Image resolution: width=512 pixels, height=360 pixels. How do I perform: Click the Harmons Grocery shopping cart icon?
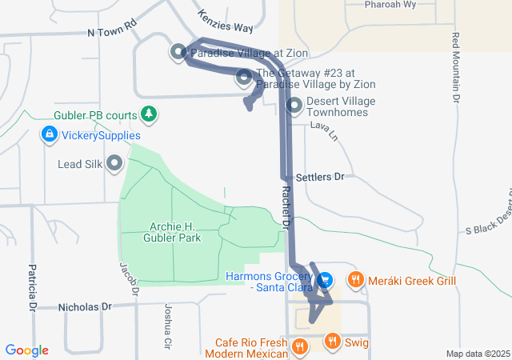tap(325, 280)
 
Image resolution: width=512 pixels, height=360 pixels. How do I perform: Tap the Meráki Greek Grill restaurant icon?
tap(354, 280)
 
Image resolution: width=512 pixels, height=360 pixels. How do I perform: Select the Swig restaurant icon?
tap(332, 342)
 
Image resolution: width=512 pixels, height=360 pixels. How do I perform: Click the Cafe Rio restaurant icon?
tap(299, 346)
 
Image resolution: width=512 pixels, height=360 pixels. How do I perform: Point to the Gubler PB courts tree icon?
tap(148, 114)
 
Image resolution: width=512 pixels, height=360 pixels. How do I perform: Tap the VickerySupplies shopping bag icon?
tap(50, 134)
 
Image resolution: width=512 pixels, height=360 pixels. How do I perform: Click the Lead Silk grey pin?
tap(114, 164)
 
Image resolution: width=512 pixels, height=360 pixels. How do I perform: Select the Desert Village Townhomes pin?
tap(294, 105)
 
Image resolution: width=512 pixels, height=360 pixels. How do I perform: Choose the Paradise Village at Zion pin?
tap(178, 52)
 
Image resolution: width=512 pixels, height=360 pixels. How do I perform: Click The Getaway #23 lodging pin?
tap(244, 78)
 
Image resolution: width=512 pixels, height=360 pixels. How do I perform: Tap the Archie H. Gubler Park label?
tap(172, 232)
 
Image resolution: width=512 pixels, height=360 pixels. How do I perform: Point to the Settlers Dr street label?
tap(319, 176)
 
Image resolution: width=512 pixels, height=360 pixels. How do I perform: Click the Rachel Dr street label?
tap(286, 208)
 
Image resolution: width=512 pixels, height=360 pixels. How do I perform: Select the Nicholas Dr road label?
tap(84, 306)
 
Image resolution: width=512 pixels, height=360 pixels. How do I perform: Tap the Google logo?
tap(27, 350)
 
